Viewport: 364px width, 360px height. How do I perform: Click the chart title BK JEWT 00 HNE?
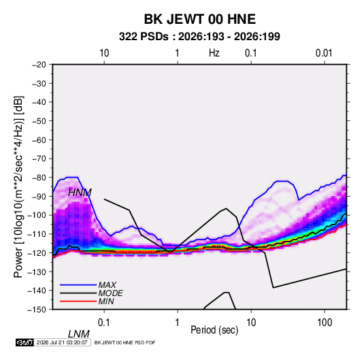(x=200, y=19)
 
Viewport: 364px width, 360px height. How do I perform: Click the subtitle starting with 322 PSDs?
(x=199, y=37)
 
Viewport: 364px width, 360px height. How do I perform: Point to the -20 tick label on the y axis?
(x=39, y=65)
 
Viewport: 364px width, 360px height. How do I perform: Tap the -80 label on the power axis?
(x=39, y=178)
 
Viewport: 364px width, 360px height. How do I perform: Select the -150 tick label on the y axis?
(x=37, y=310)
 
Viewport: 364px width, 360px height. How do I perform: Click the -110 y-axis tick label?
(x=37, y=234)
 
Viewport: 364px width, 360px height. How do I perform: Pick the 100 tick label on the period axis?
(x=325, y=323)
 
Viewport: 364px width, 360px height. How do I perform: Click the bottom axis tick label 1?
(x=178, y=323)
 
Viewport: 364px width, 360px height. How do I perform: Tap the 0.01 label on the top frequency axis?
(x=324, y=53)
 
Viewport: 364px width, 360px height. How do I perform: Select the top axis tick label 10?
(x=104, y=53)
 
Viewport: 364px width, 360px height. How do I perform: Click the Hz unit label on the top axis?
(x=214, y=53)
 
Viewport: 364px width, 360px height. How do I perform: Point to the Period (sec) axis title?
(x=214, y=330)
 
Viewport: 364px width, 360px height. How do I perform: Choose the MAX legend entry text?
(x=107, y=285)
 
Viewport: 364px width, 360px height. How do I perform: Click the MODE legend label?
(x=110, y=293)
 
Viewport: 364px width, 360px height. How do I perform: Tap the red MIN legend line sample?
(x=78, y=301)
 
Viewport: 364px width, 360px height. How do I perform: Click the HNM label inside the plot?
(x=80, y=193)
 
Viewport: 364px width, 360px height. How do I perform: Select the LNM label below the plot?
(x=79, y=334)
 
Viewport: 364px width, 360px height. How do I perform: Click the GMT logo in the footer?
(x=25, y=342)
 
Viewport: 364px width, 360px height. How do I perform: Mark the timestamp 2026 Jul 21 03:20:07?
(x=62, y=342)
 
